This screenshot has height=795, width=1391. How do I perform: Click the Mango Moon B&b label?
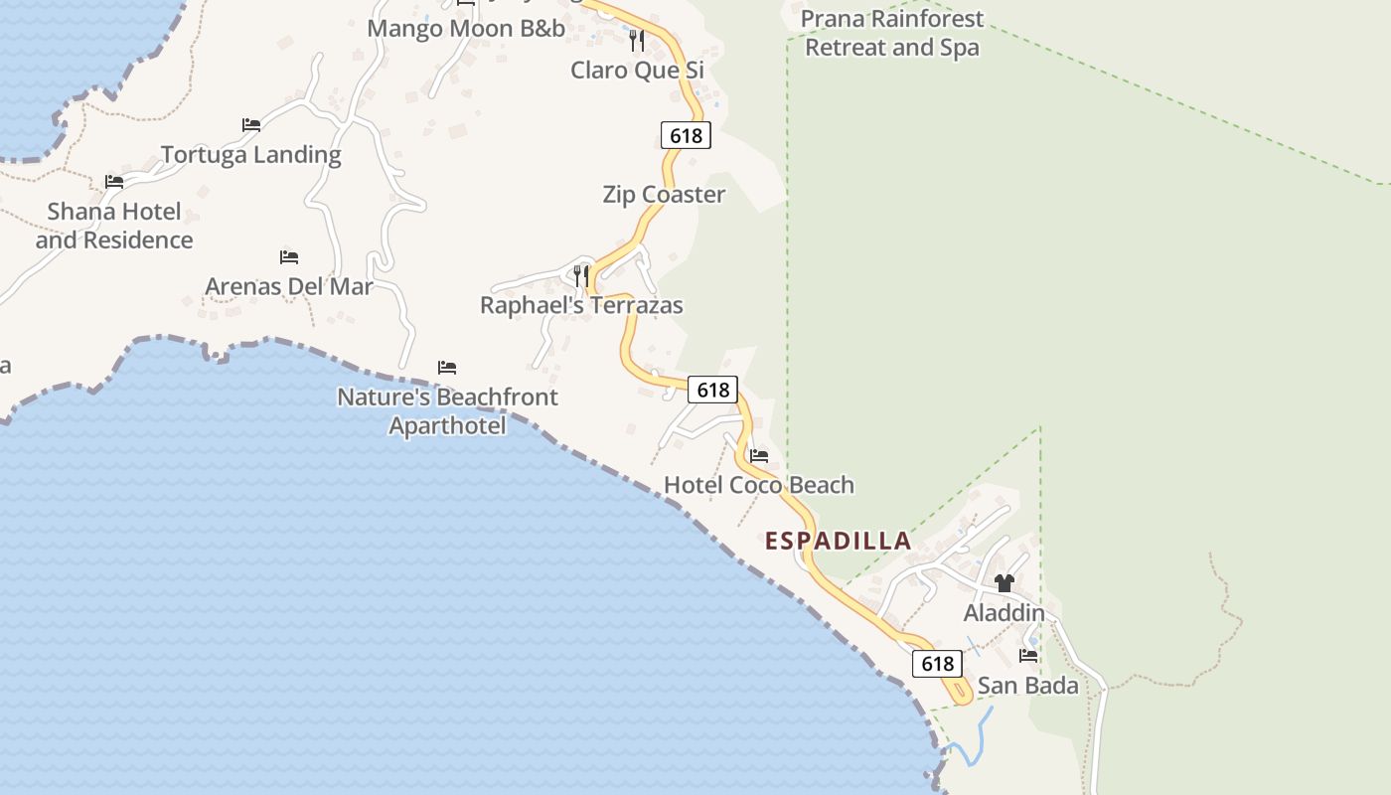[x=466, y=29]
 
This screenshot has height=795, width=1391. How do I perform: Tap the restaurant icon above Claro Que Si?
[x=637, y=41]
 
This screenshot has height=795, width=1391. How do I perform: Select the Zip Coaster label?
[x=664, y=195]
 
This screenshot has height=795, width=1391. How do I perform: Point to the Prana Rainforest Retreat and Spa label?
[x=891, y=33]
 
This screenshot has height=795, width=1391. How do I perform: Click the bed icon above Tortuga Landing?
[x=251, y=125]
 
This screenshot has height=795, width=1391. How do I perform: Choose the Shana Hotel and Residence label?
[x=114, y=226]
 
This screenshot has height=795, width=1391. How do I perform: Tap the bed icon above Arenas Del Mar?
[x=289, y=257]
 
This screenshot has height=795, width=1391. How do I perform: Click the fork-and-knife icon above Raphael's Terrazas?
[x=581, y=275]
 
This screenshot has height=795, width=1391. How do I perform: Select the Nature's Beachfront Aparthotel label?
[x=447, y=411]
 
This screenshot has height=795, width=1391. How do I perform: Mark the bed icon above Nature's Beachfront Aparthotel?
[x=447, y=368]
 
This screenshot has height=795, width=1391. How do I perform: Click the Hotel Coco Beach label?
[x=759, y=485]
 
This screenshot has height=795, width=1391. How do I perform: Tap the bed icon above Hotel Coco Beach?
[x=759, y=456]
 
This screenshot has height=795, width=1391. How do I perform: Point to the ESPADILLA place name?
[x=839, y=541]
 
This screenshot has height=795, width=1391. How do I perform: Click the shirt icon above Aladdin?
[x=1005, y=583]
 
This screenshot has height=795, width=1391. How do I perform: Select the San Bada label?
[x=1027, y=686]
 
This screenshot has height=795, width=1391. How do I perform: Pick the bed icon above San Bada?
[x=1028, y=656]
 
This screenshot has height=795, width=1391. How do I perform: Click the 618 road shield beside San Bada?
[x=937, y=664]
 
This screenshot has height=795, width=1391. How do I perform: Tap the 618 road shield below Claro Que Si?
[x=686, y=135]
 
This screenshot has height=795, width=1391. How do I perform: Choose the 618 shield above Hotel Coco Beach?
[x=712, y=390]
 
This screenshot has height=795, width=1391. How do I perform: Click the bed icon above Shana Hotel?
[x=114, y=182]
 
